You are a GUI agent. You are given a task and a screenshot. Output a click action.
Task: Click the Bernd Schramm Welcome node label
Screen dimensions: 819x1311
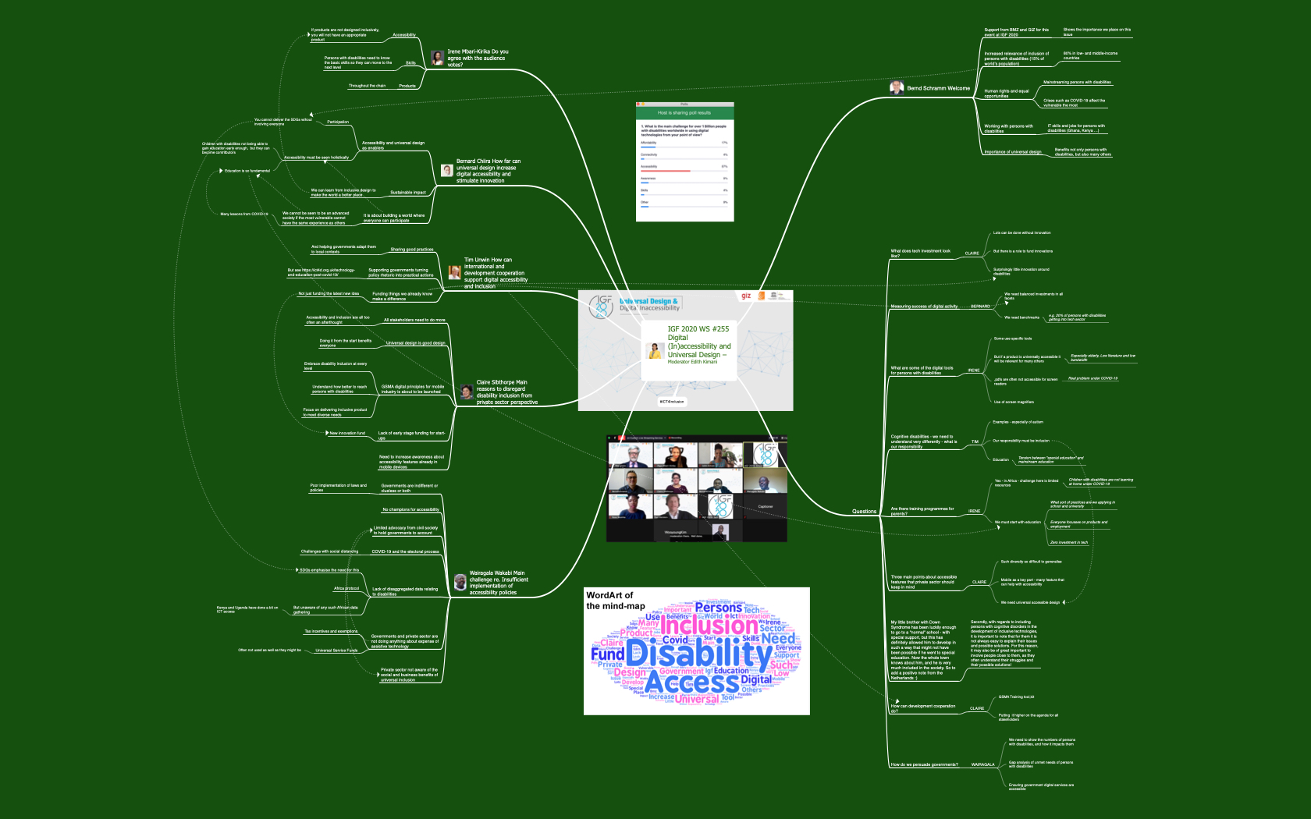point(938,88)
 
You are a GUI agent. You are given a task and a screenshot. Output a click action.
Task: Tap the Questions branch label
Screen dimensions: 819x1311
point(864,512)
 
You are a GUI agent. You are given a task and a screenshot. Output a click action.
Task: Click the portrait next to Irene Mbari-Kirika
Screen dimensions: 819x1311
point(438,58)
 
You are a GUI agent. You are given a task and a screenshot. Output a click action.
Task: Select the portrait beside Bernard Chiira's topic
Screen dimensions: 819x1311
point(447,170)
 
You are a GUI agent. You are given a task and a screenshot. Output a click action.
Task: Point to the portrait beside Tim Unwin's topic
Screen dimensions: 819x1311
point(455,272)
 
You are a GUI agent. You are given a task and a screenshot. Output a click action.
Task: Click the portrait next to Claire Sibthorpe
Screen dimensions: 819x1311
point(467,392)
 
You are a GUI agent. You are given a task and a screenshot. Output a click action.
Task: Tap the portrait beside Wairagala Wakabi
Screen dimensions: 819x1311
point(460,582)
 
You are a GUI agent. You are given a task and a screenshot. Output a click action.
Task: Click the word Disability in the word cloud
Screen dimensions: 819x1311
point(698,654)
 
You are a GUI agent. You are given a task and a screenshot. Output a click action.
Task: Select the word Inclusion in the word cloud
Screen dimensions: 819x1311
point(709,625)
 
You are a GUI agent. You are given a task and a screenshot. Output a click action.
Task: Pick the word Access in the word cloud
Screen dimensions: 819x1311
point(692,682)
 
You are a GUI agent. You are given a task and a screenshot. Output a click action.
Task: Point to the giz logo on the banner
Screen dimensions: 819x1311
point(746,296)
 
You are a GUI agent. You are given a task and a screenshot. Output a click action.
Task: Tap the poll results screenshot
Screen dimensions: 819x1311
point(684,161)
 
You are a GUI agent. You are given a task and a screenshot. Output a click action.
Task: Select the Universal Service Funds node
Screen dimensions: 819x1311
point(336,650)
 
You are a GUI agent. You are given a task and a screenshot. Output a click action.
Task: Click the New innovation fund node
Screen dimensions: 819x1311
point(347,433)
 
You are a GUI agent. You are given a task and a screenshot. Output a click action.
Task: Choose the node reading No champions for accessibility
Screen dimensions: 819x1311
point(410,509)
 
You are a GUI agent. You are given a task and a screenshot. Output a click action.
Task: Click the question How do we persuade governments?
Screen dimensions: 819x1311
point(924,764)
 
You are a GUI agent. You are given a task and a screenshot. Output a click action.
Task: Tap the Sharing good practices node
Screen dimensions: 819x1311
point(411,250)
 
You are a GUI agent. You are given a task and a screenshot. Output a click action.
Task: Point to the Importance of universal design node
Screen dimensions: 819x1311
point(1012,152)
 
